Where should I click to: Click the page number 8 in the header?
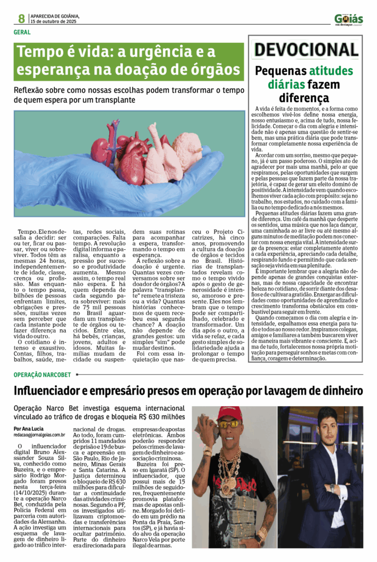pyautogui.click(x=21, y=19)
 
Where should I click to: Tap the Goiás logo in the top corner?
pyautogui.click(x=348, y=19)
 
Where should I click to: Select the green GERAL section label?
pyautogui.click(x=22, y=32)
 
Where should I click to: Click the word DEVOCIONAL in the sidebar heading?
pyautogui.click(x=306, y=50)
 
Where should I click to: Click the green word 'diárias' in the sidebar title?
pyautogui.click(x=283, y=85)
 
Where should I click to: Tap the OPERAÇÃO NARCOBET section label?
pyautogui.click(x=42, y=375)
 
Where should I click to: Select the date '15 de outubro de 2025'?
pyautogui.click(x=54, y=22)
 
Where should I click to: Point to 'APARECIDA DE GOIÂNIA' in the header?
pyautogui.click(x=55, y=16)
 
